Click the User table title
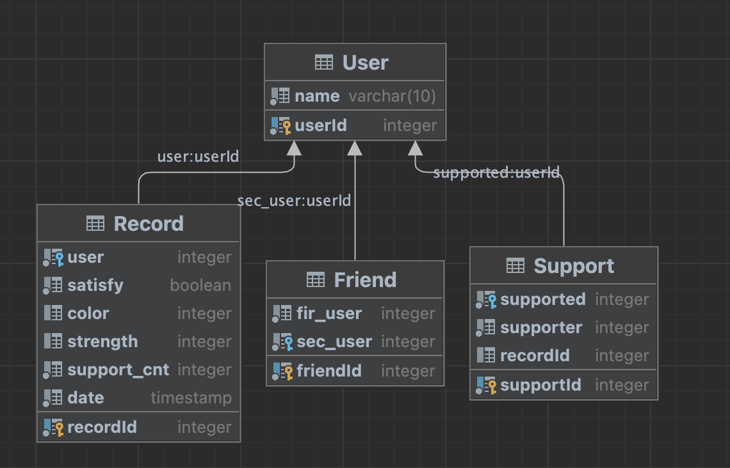365,63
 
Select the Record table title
149,224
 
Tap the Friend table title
365,280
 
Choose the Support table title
573,266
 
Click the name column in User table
317,97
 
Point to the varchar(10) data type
392,97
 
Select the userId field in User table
321,126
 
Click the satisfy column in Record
95,286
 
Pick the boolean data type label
200,286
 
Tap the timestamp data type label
191,398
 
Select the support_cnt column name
118,370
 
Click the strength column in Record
102,342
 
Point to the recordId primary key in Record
102,428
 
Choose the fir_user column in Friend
329,314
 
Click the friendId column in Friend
329,371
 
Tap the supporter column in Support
541,328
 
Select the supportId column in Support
540,386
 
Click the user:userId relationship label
198,157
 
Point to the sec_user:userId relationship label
294,201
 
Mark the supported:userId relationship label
496,173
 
